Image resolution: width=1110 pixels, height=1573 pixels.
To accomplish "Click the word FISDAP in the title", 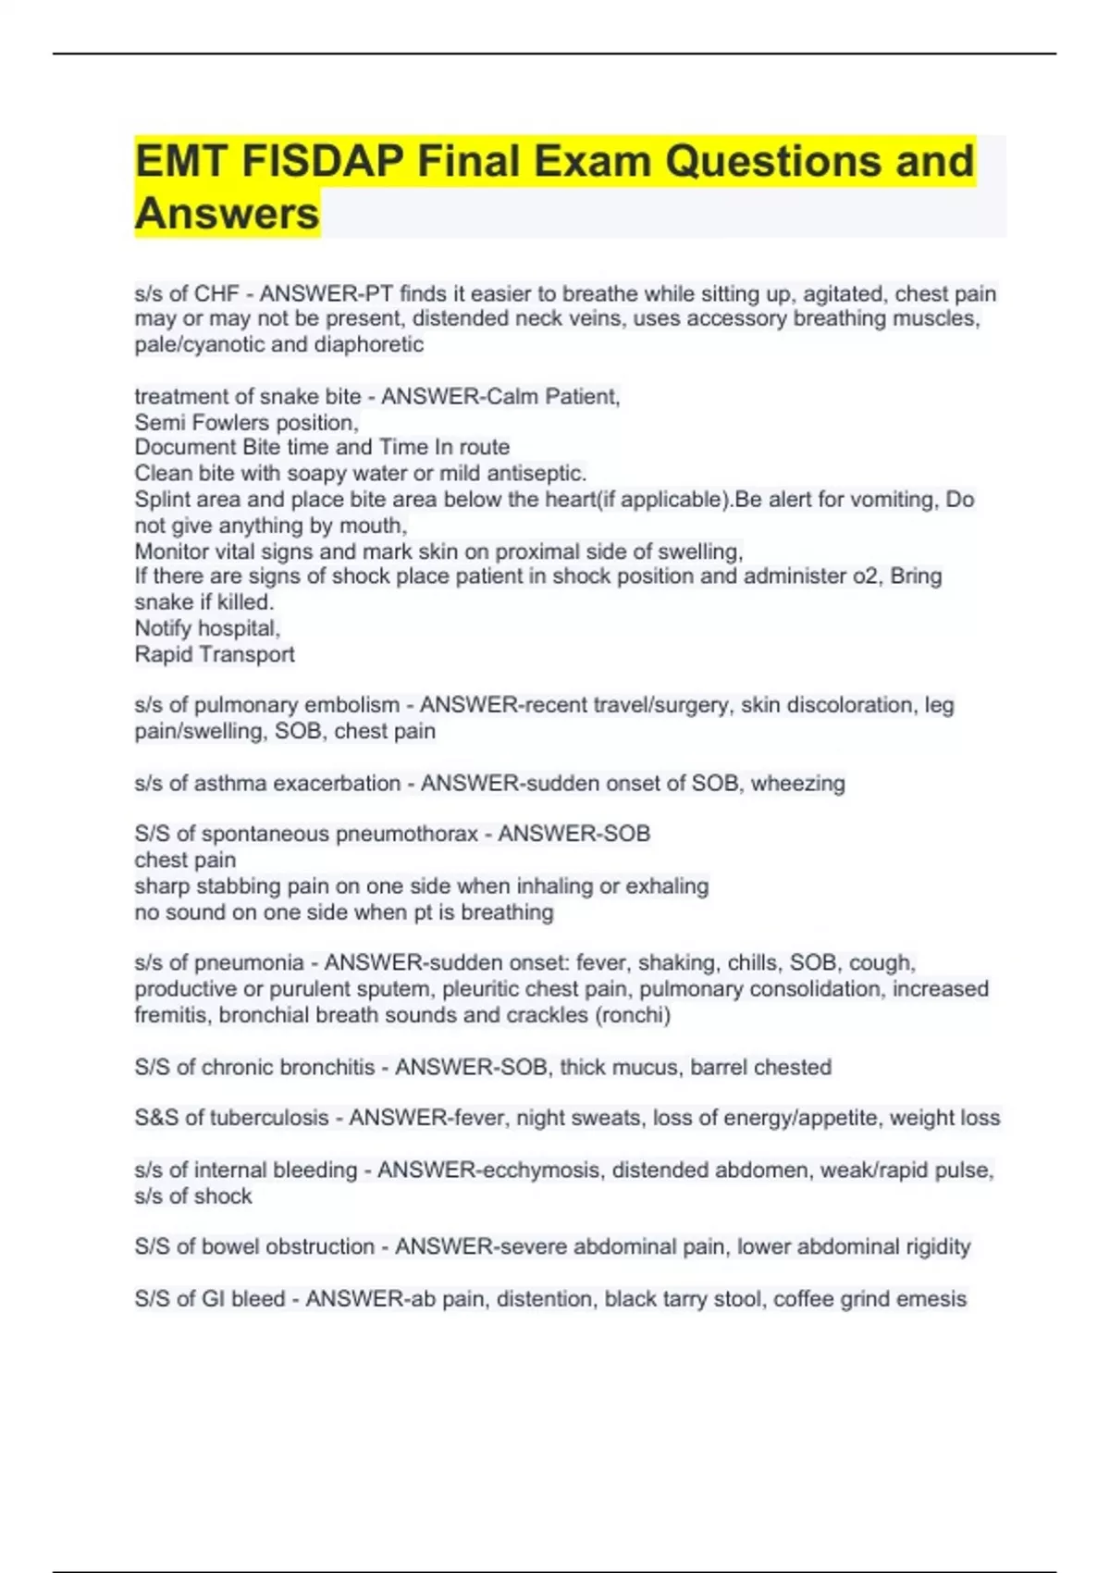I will pos(322,161).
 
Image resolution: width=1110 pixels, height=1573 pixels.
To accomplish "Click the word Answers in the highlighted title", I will pos(228,214).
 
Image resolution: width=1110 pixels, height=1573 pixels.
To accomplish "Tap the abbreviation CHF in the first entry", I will pos(216,294).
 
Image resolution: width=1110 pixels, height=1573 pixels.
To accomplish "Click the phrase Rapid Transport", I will pos(215,654).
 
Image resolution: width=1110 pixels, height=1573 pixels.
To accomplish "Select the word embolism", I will pos(353,705).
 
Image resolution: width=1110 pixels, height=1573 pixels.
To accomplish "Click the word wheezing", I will pos(797,784).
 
